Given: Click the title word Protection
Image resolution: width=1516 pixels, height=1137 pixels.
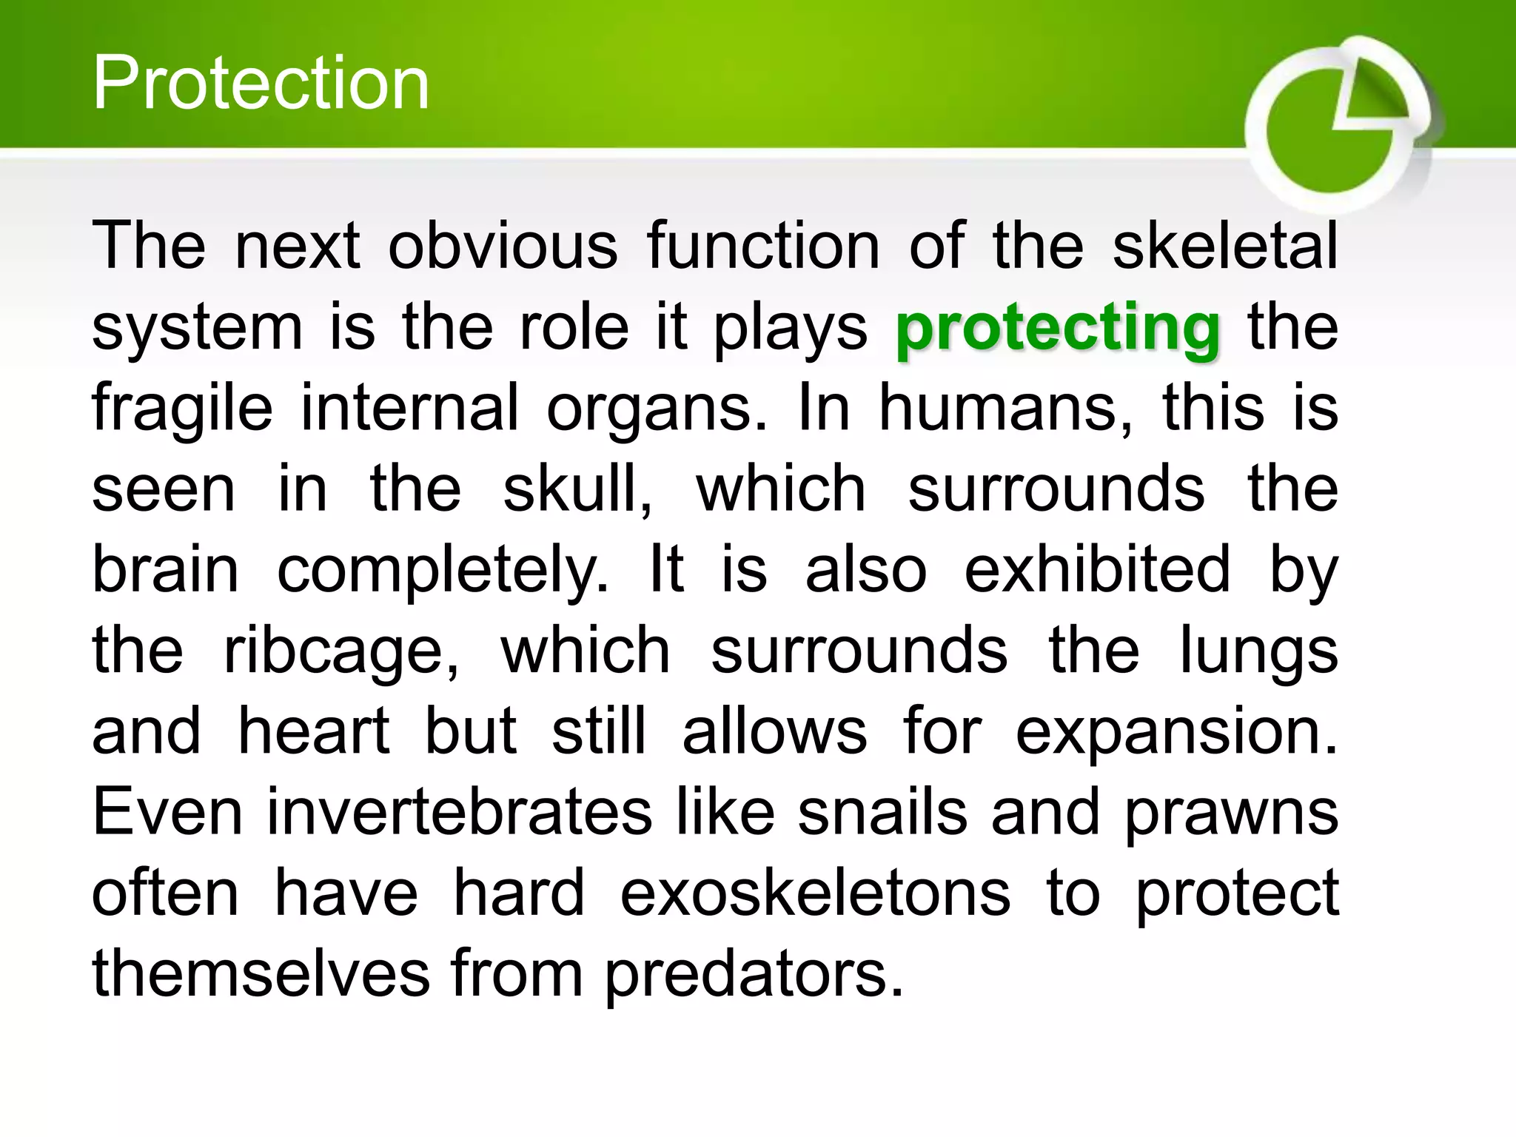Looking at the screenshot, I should click(x=261, y=83).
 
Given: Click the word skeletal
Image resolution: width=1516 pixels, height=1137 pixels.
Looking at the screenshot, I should click(x=1225, y=246).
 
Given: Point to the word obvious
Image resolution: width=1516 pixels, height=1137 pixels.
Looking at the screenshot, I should click(x=503, y=246).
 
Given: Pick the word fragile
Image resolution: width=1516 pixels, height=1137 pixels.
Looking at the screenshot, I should click(x=182, y=409).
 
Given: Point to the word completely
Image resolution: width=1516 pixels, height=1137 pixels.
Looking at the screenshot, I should click(x=442, y=571).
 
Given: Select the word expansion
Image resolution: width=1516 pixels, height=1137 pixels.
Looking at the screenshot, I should click(x=1176, y=734).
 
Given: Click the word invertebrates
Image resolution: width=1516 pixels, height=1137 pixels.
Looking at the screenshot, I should click(x=459, y=812).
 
